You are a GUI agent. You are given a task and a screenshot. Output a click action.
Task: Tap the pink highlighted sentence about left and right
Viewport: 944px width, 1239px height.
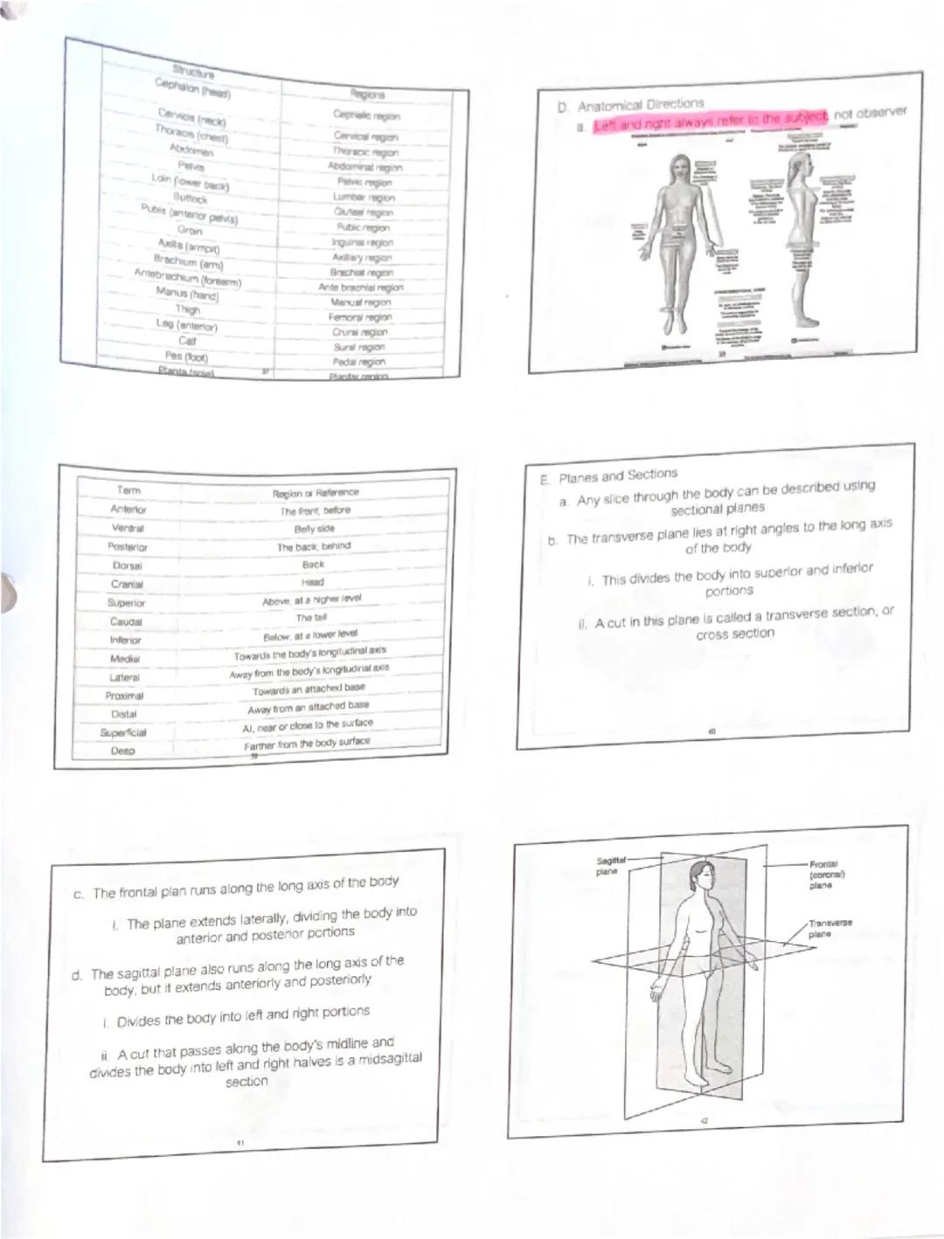pyautogui.click(x=708, y=121)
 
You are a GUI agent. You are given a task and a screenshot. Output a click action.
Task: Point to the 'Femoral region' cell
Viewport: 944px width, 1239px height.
pyautogui.click(x=361, y=317)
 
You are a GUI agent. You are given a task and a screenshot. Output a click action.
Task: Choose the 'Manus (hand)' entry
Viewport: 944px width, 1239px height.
pyautogui.click(x=187, y=294)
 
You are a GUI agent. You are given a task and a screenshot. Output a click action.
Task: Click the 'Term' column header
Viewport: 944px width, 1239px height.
pyautogui.click(x=128, y=490)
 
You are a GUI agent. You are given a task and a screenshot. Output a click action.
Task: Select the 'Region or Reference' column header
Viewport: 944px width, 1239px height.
pyautogui.click(x=315, y=493)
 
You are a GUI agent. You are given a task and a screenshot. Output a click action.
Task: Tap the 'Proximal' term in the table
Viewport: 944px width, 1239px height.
pyautogui.click(x=124, y=696)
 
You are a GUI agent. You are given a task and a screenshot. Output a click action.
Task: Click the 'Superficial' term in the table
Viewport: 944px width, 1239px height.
pyautogui.click(x=123, y=732)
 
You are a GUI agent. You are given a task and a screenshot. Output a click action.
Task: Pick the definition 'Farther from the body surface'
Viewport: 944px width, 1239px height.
pyautogui.click(x=307, y=744)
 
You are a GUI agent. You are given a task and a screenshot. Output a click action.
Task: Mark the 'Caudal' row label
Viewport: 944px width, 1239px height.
pyautogui.click(x=126, y=621)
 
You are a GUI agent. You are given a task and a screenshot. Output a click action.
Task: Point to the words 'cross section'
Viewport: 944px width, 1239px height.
pyautogui.click(x=734, y=634)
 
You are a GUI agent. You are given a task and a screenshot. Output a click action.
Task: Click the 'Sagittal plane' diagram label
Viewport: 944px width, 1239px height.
pyautogui.click(x=607, y=866)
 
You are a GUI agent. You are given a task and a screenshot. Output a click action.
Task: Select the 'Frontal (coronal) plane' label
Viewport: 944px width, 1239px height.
pyautogui.click(x=826, y=874)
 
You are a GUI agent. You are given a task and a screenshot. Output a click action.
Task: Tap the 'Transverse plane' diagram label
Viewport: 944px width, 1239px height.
pyautogui.click(x=829, y=928)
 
